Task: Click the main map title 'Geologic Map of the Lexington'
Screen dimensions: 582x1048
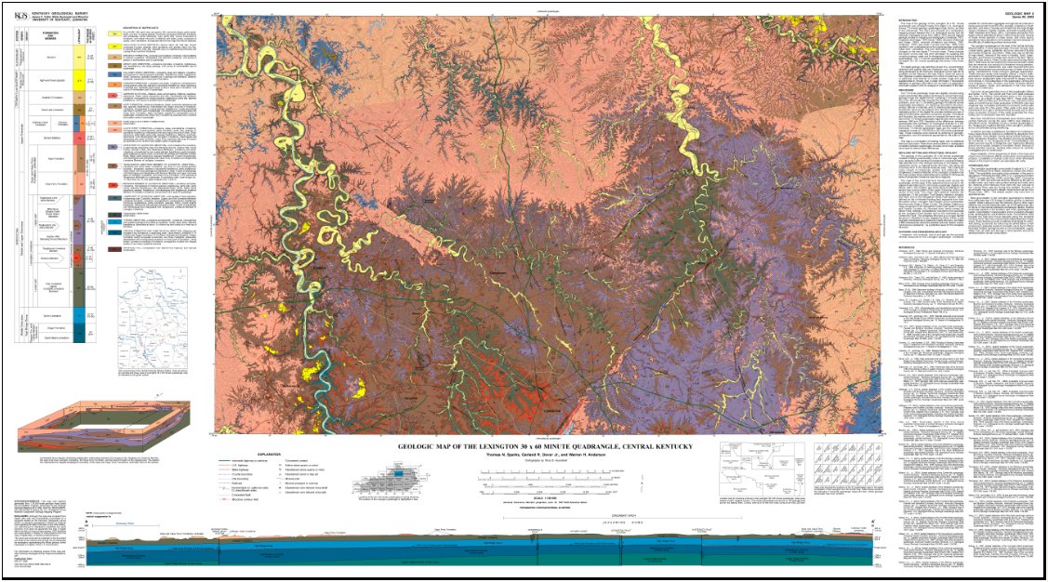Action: tap(545, 447)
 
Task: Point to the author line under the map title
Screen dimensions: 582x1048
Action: tap(545, 456)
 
